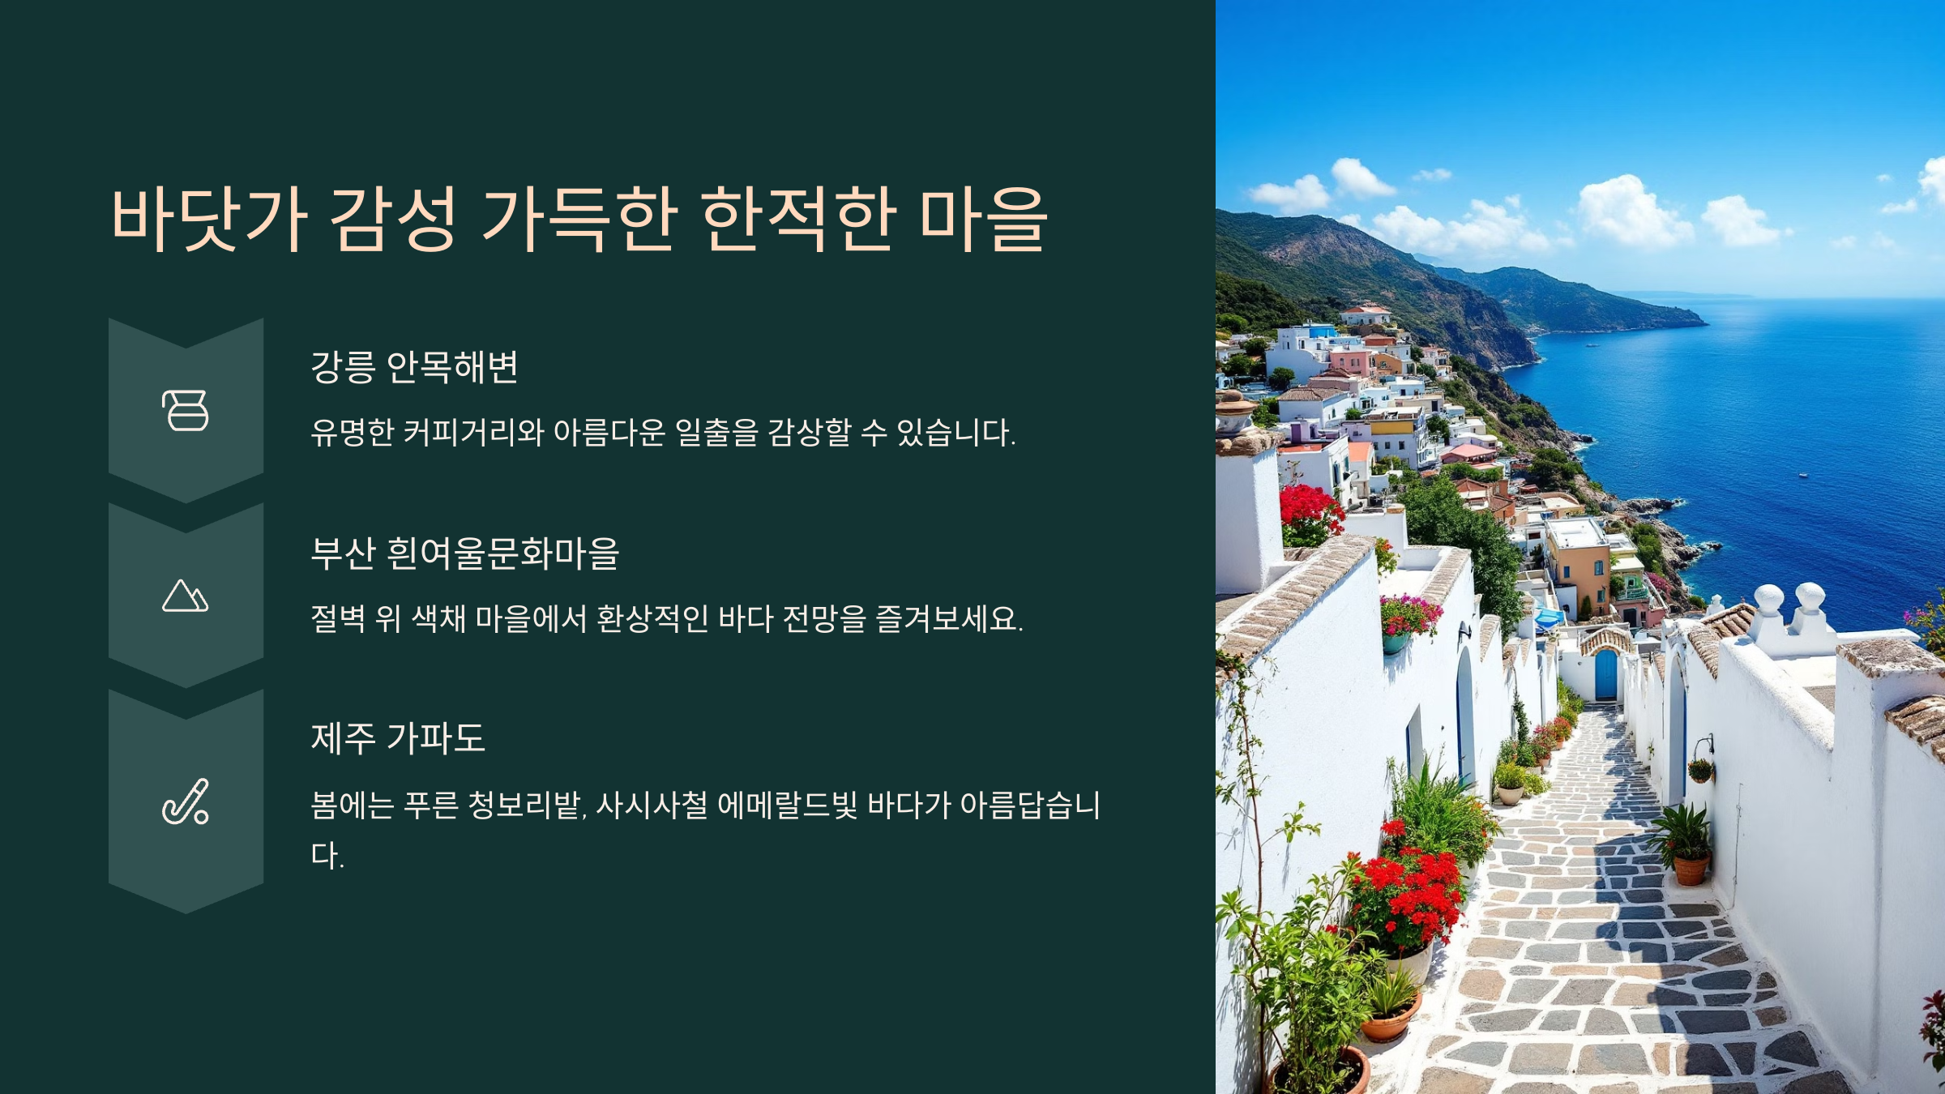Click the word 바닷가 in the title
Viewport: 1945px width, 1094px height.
pos(209,219)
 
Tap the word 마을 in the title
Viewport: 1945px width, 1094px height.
pos(983,219)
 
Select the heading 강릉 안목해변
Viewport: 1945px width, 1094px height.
pos(414,367)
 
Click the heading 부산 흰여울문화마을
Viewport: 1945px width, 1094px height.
pos(465,553)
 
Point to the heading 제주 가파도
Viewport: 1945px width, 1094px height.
pos(398,738)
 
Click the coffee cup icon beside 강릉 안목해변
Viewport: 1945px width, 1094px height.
pos(186,410)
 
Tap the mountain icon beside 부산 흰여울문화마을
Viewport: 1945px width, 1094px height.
pos(186,596)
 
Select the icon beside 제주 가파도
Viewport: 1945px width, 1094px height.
pos(186,801)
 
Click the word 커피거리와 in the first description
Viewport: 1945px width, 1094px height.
pos(473,432)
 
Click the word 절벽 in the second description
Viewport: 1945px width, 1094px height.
pos(338,618)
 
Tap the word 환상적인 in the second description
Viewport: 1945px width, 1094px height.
pos(652,618)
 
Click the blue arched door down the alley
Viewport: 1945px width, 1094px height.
pos(1605,673)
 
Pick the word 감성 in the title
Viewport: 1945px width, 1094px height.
pos(394,219)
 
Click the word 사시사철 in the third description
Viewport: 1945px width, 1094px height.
pos(652,805)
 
